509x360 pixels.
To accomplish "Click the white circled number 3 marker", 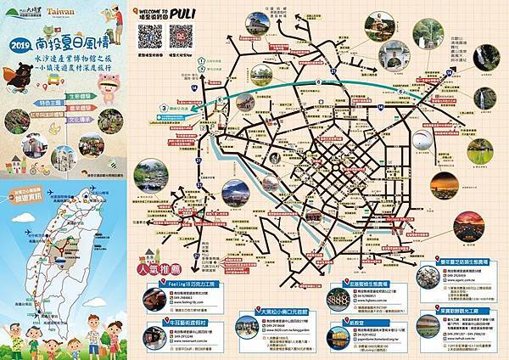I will (161, 109).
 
